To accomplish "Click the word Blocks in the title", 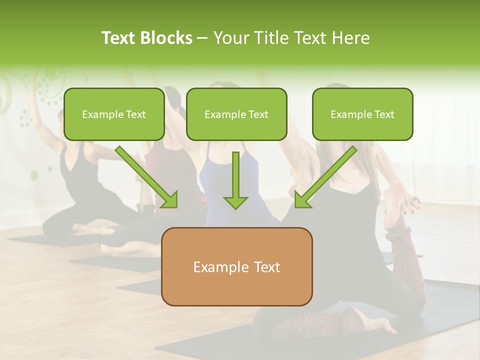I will pyautogui.click(x=167, y=38).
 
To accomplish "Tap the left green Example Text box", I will pyautogui.click(x=114, y=114).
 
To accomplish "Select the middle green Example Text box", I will pyautogui.click(x=236, y=114).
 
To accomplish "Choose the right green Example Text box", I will pyautogui.click(x=362, y=114).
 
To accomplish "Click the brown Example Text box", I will pyautogui.click(x=236, y=266).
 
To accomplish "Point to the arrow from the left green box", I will pyautogui.click(x=146, y=176).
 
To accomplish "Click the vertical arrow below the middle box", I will pyautogui.click(x=235, y=180).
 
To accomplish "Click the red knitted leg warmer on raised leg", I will pyautogui.click(x=407, y=250).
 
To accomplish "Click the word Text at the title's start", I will pyautogui.click(x=119, y=38).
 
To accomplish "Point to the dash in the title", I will pyautogui.click(x=202, y=38).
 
